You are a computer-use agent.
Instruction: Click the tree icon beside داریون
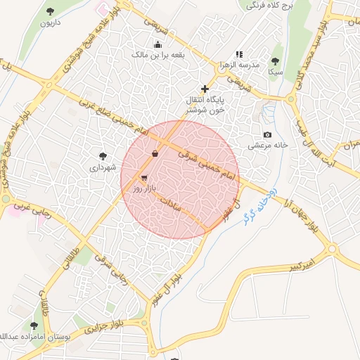(50, 11)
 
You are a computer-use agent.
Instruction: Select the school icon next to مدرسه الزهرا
(239, 54)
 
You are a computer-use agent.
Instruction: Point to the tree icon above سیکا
(275, 61)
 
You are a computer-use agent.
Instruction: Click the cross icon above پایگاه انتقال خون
(205, 89)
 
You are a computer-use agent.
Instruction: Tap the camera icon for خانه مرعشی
(267, 134)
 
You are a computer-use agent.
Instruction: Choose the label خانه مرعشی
(268, 146)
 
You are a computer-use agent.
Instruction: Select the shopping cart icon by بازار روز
(144, 178)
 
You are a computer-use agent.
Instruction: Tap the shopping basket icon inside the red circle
(155, 153)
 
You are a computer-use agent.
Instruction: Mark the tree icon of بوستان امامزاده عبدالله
(34, 326)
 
